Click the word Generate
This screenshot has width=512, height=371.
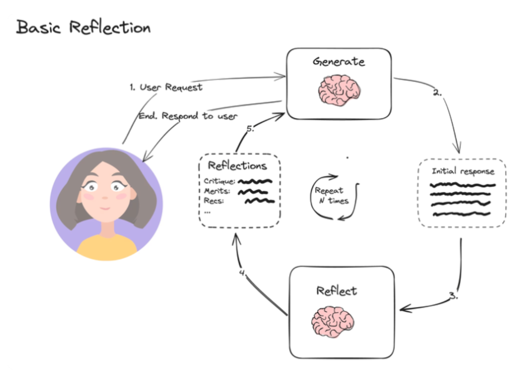338,62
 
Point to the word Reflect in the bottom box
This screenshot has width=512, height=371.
337,290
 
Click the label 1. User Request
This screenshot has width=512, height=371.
166,87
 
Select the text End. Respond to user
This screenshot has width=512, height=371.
188,116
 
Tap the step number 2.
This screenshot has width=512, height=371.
438,93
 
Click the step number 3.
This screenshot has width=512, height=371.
454,295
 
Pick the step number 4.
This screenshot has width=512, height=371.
243,274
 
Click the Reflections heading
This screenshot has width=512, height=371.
237,166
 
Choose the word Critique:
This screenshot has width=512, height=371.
220,181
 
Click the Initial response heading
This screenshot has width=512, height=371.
463,171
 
